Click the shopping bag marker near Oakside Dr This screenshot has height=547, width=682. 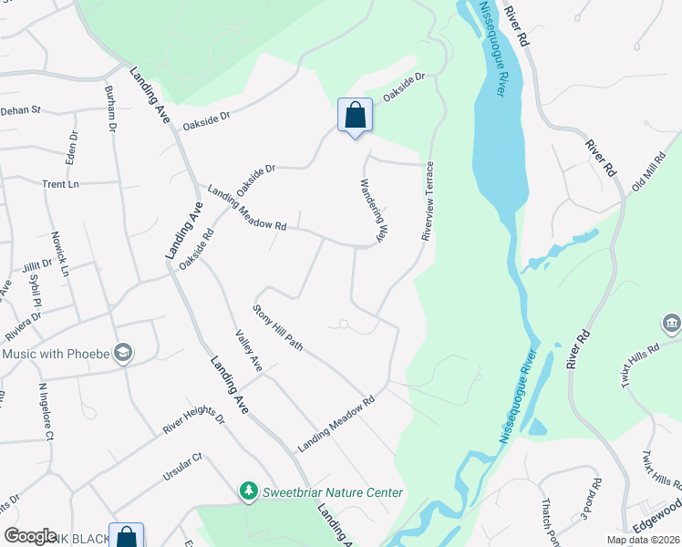coord(355,116)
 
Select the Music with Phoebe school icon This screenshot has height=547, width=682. coord(124,353)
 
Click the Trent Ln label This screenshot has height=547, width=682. coord(60,183)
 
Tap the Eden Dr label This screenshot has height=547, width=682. coord(73,147)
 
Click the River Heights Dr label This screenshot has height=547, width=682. coord(193,420)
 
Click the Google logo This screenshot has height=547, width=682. coord(30,536)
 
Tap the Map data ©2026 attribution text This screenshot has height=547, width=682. coord(642,540)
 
